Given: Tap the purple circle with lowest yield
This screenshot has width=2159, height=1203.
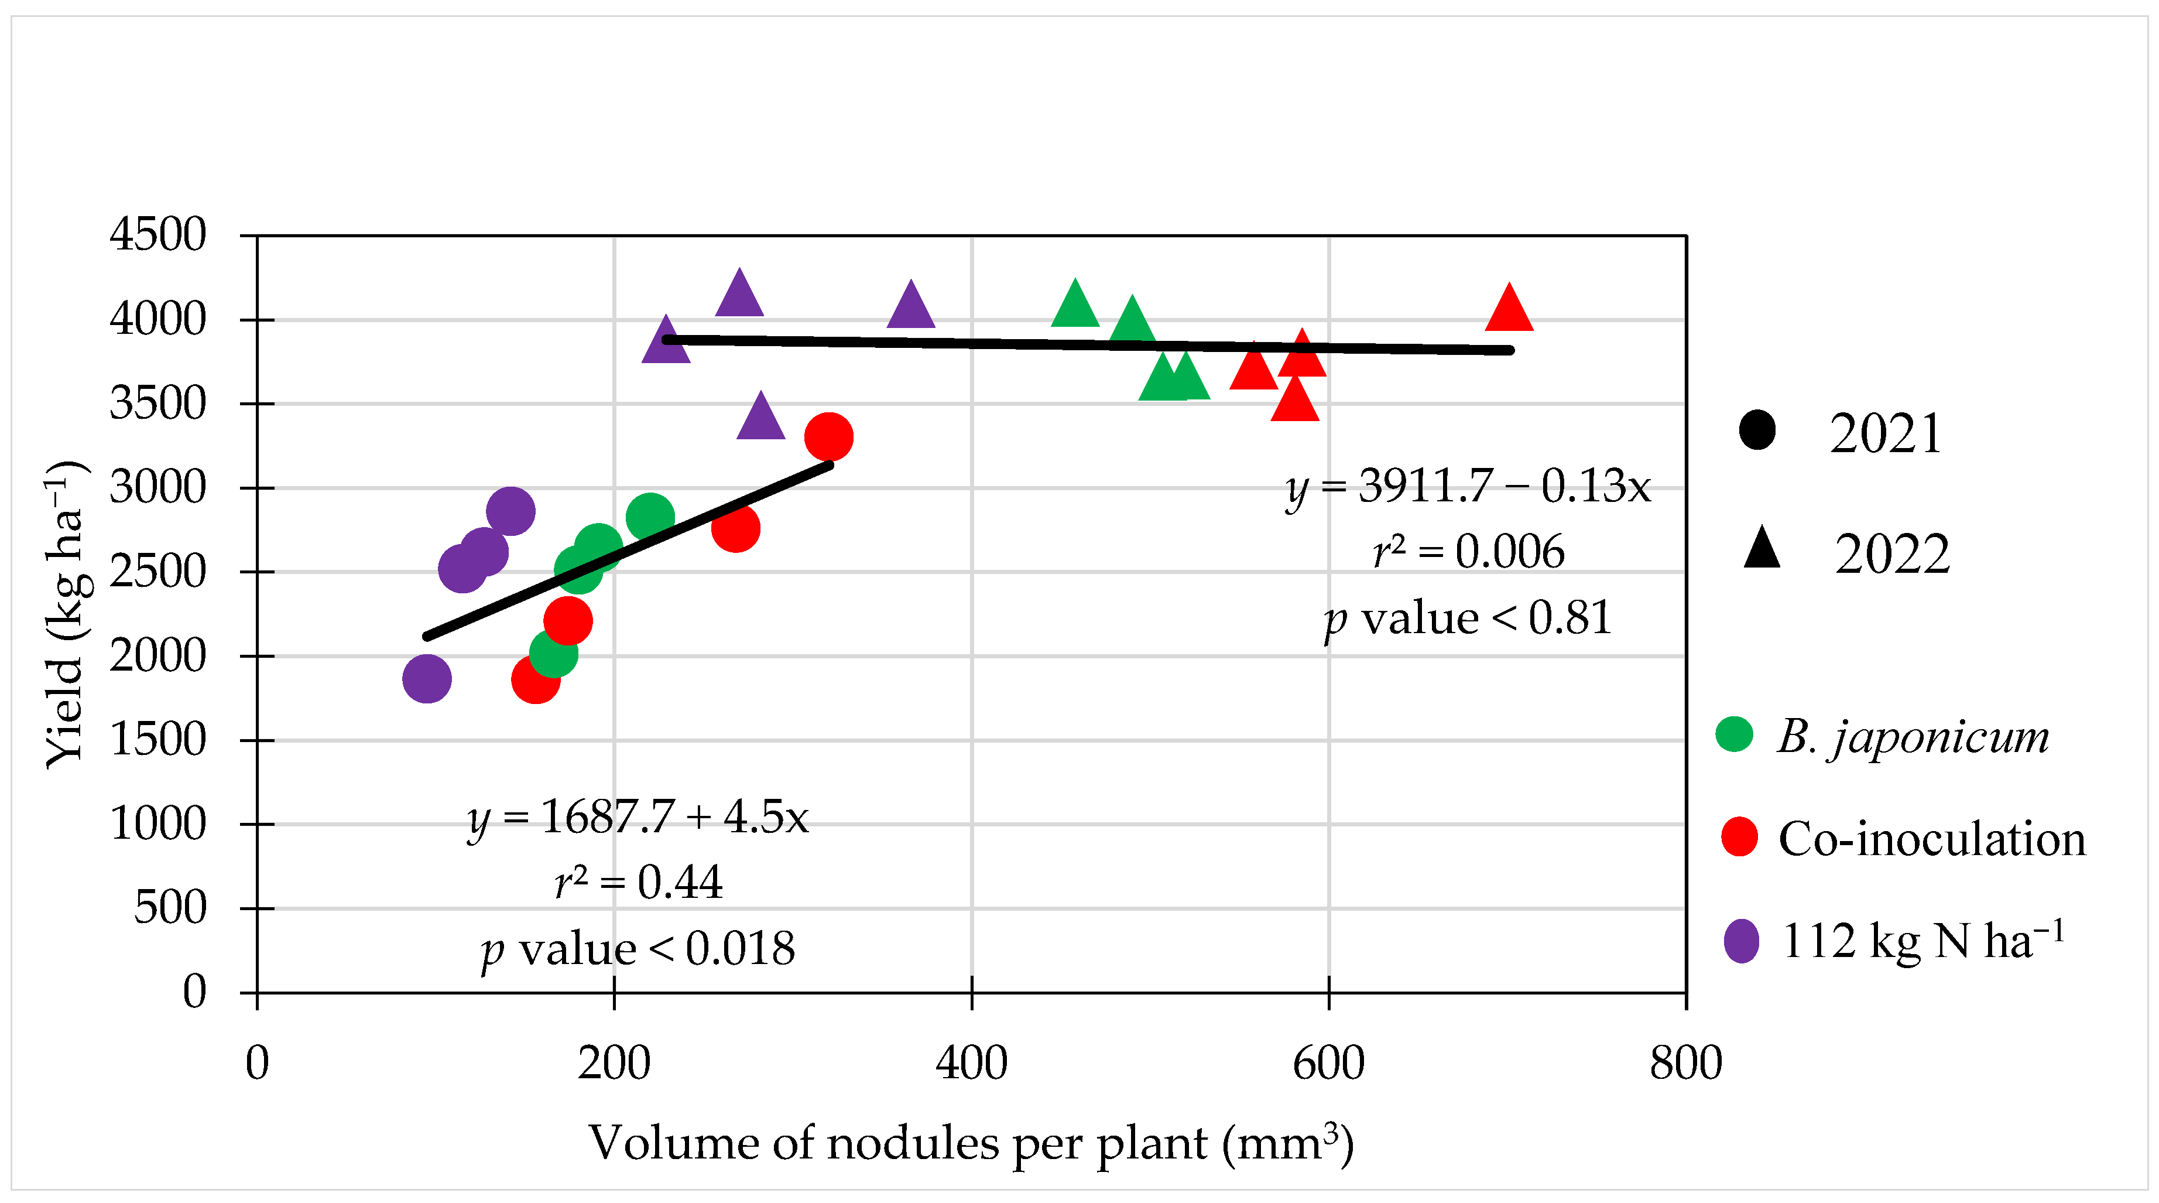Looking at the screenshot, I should [x=427, y=678].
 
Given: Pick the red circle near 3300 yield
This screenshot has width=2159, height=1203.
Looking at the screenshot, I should [x=828, y=437].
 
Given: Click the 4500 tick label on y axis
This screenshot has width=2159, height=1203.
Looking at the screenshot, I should [x=157, y=235].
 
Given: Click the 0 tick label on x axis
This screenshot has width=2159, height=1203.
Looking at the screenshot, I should [x=258, y=1063].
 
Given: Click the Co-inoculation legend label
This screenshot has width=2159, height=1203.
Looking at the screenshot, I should [x=1931, y=838].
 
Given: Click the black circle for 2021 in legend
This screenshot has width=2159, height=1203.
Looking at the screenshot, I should [x=1757, y=430].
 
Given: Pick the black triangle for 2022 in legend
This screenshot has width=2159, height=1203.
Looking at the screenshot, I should [x=1762, y=550].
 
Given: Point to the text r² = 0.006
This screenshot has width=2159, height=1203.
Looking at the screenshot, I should [x=1468, y=552].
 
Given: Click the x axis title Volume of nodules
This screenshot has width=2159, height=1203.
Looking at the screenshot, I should [x=971, y=1143].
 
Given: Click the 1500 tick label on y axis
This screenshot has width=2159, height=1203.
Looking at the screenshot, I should [x=157, y=740].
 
